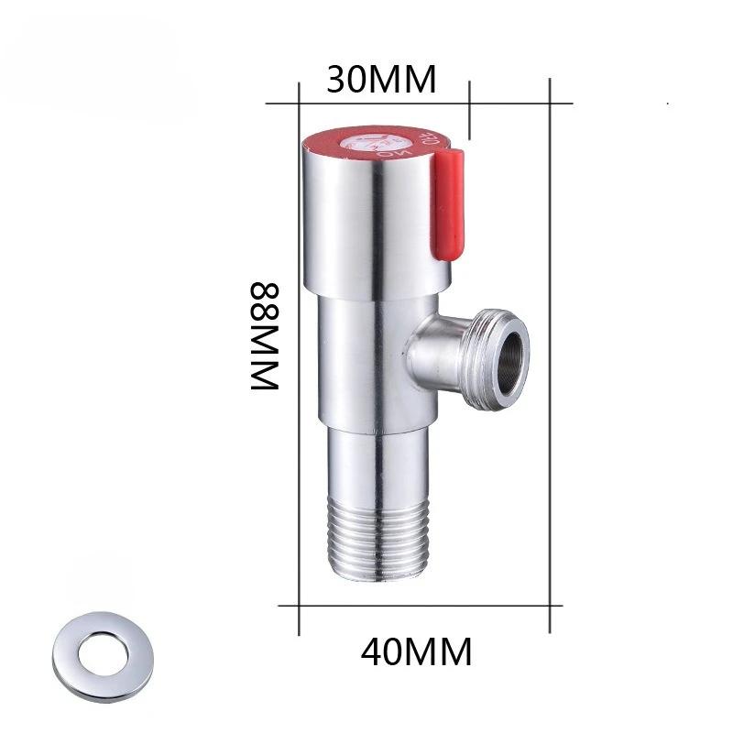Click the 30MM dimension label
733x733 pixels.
point(380,81)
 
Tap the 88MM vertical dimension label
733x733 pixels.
point(264,336)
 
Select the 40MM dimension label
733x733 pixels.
point(417,652)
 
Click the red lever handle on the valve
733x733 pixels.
point(446,206)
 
